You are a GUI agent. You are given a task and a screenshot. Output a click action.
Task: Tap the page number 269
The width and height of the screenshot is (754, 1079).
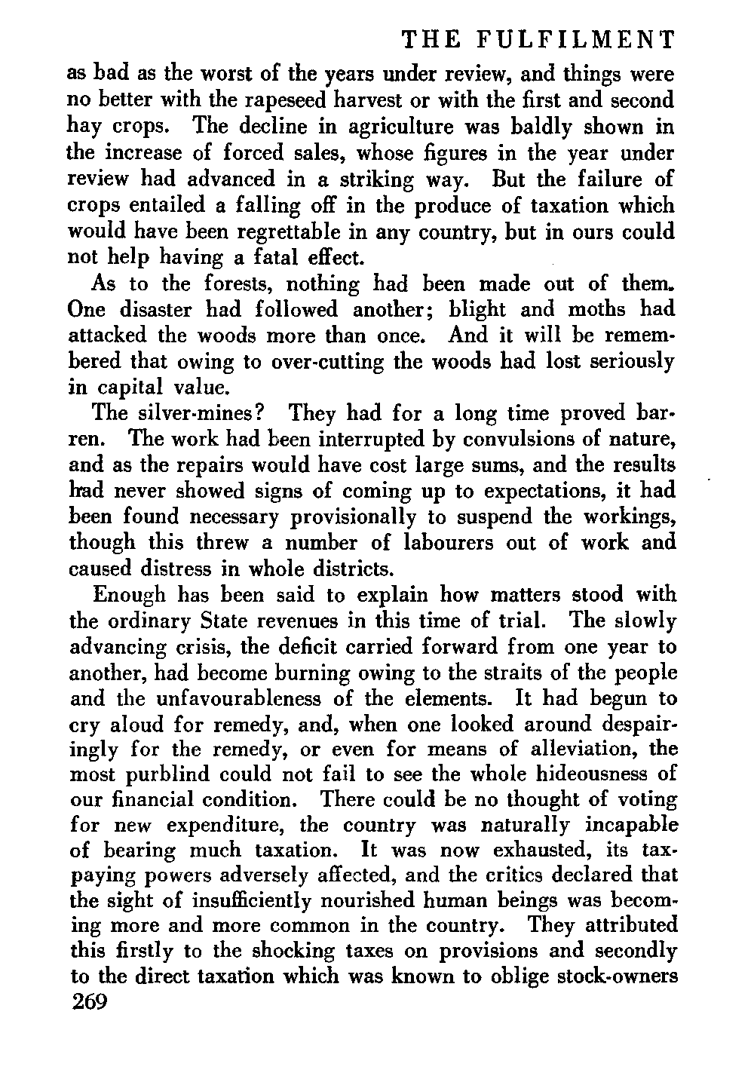(x=90, y=1002)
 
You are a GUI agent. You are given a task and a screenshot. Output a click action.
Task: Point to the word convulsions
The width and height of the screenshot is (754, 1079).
(x=497, y=439)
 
